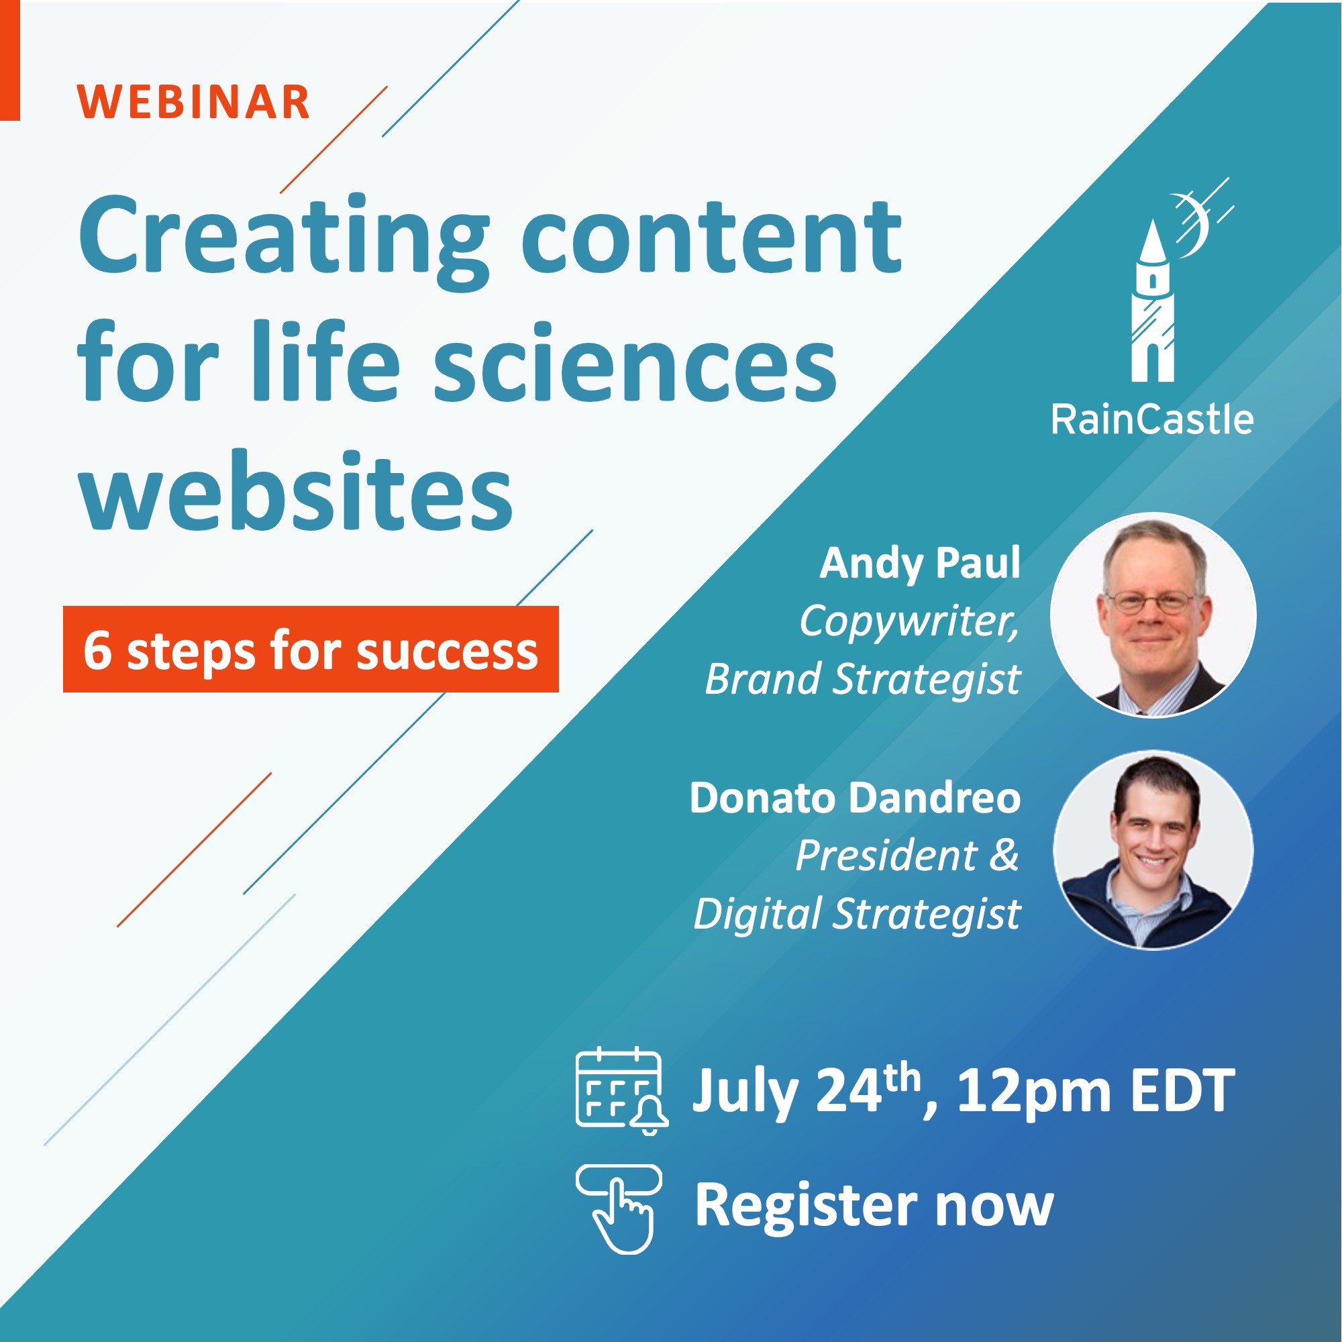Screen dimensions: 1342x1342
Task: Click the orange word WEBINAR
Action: tap(193, 102)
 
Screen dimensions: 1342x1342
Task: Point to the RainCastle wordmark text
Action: tap(1152, 419)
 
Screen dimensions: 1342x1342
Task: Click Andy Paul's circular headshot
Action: tap(1153, 615)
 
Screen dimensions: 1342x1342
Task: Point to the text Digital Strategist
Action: tap(857, 913)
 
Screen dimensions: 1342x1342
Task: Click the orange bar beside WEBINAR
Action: tap(9, 60)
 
